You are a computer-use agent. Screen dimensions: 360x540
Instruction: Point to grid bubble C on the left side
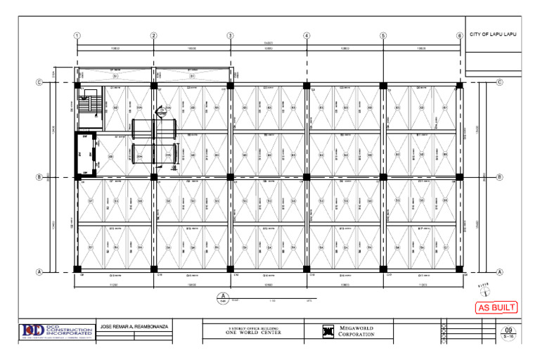[x=39, y=83]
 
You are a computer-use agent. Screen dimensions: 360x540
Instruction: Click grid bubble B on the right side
[x=500, y=177]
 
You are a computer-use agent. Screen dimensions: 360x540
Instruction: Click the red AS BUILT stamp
[x=497, y=307]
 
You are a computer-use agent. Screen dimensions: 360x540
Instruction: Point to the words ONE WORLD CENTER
[x=253, y=333]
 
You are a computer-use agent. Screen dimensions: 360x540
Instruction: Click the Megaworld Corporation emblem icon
[x=328, y=331]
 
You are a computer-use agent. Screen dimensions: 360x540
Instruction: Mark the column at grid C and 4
[x=307, y=85]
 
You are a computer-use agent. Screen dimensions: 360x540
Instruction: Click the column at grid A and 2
[x=153, y=269]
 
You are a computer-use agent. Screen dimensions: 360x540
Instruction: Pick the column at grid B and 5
[x=383, y=177]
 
